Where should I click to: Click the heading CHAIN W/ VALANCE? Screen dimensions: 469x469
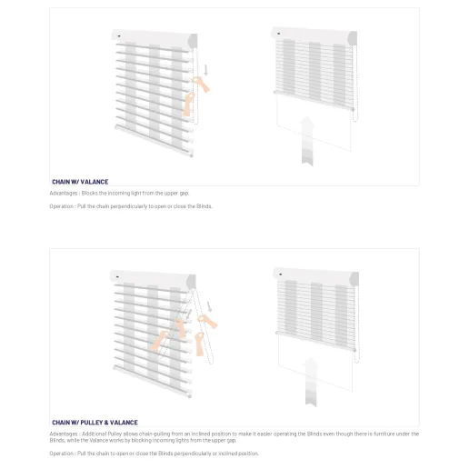[80, 182]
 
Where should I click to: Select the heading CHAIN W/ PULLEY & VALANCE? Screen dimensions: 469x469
[95, 423]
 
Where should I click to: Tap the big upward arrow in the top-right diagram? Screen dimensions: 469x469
[308, 138]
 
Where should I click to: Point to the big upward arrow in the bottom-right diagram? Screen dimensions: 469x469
[311, 379]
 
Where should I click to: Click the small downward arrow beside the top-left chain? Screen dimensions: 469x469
[207, 68]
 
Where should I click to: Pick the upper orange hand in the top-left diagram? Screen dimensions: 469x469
[201, 85]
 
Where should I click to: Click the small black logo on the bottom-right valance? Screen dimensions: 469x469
[281, 273]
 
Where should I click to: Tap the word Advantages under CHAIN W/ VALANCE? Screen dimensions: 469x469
[64, 193]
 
